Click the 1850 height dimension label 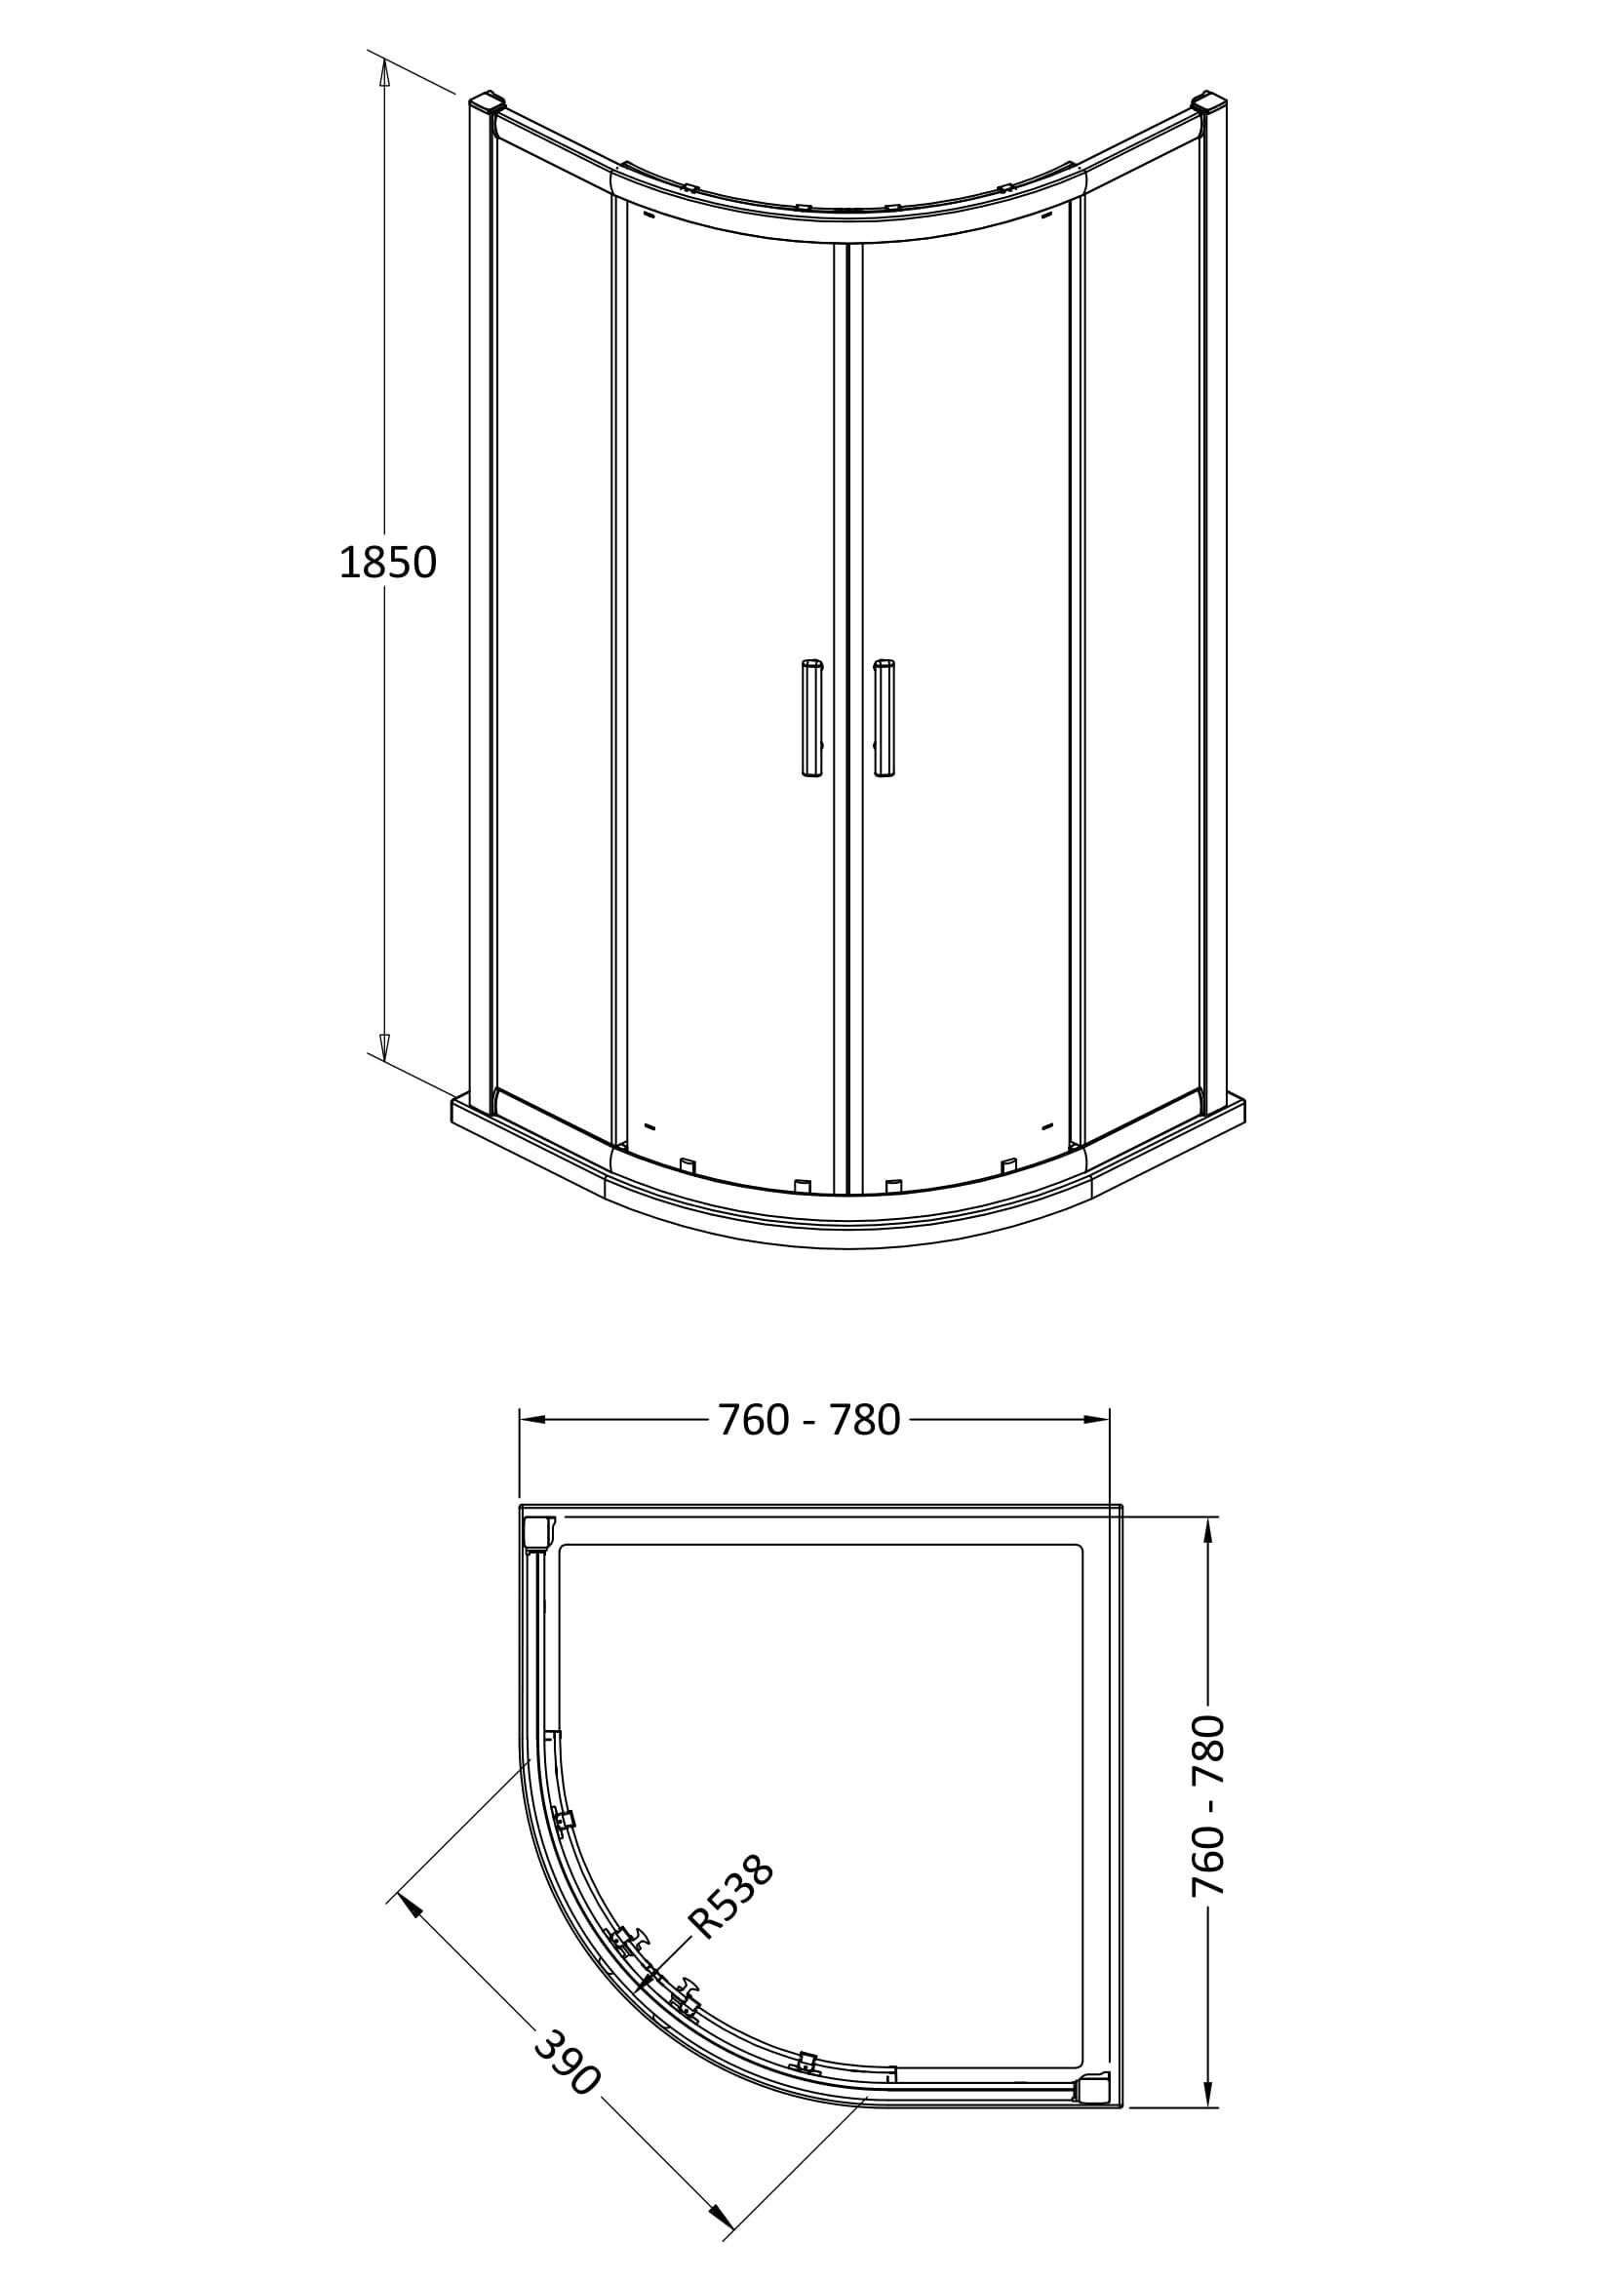click(x=388, y=564)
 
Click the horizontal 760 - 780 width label click(x=808, y=1421)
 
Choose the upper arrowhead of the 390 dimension click(x=409, y=1907)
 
